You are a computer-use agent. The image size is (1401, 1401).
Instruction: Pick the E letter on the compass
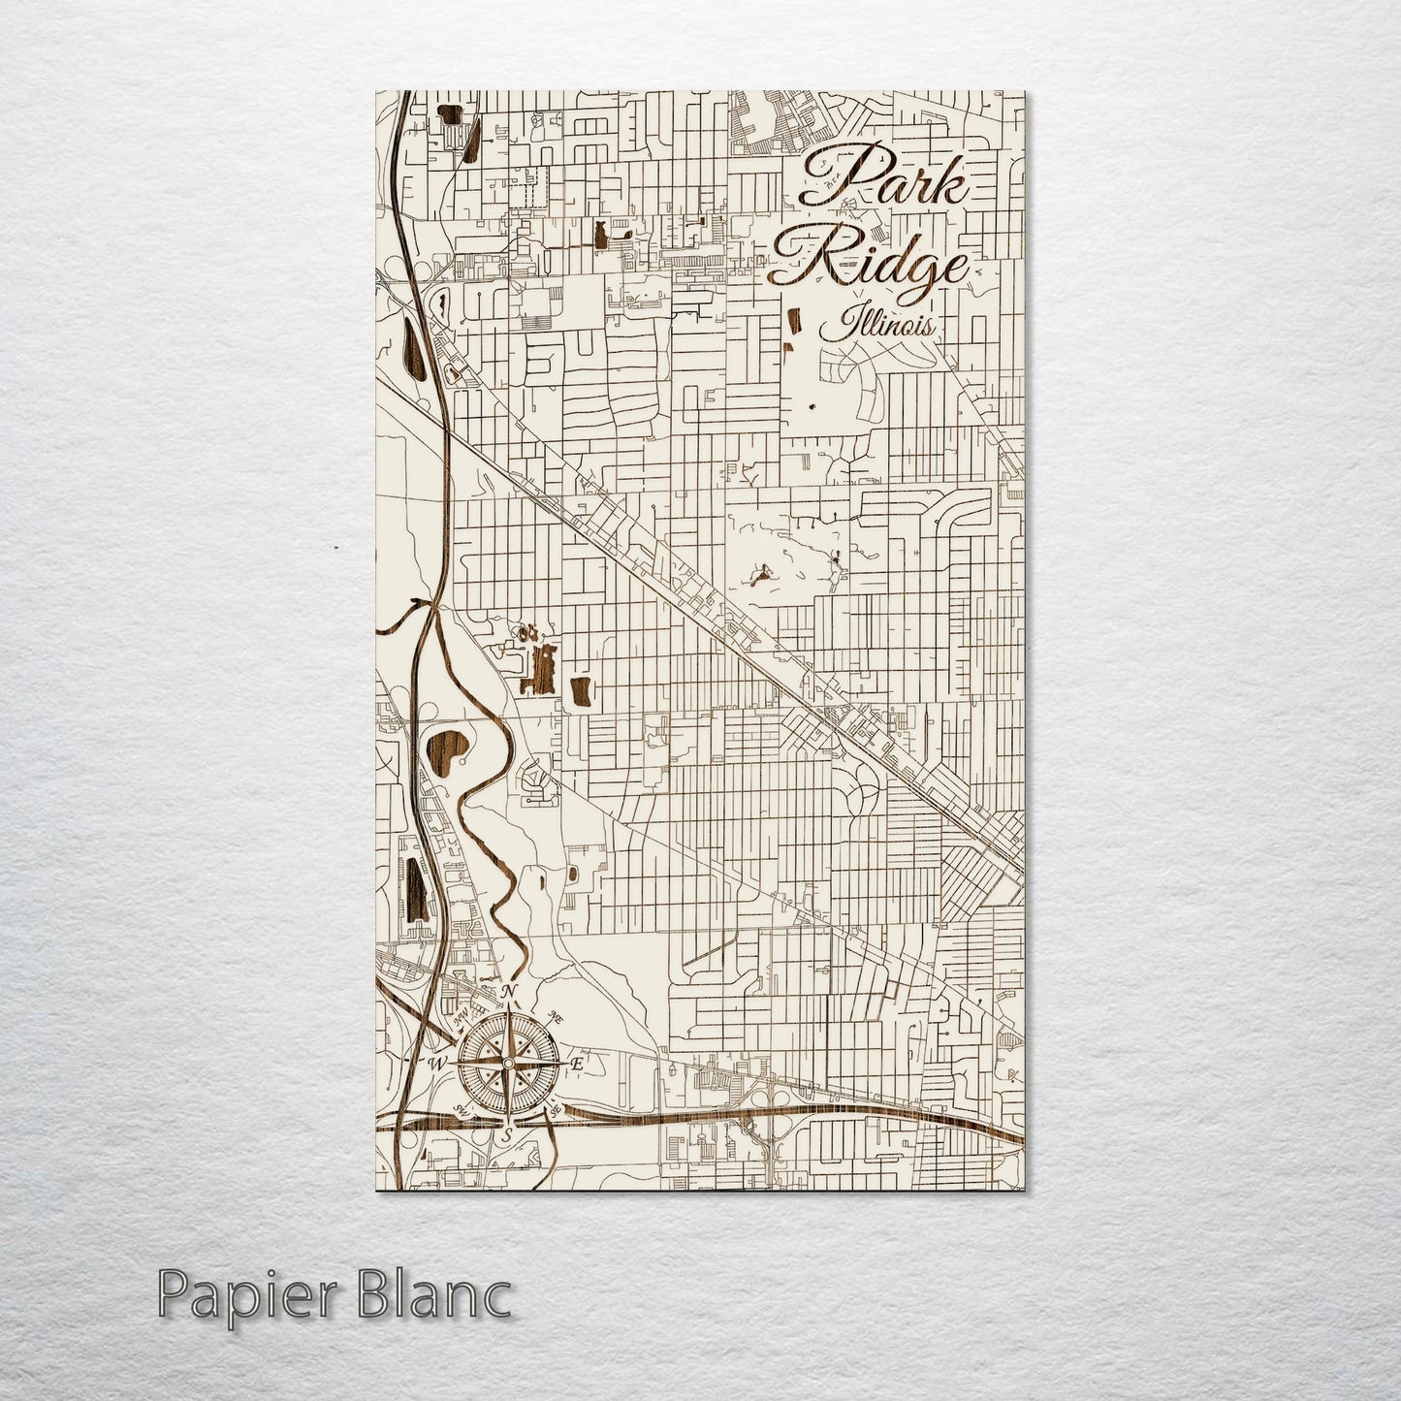[x=578, y=1064]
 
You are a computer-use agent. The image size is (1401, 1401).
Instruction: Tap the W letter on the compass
[x=435, y=1064]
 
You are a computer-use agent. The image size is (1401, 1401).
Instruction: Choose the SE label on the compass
[x=556, y=1111]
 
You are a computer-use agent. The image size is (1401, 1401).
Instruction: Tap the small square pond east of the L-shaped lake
[x=583, y=691]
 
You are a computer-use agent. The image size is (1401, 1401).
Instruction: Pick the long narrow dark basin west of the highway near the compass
[x=415, y=887]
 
